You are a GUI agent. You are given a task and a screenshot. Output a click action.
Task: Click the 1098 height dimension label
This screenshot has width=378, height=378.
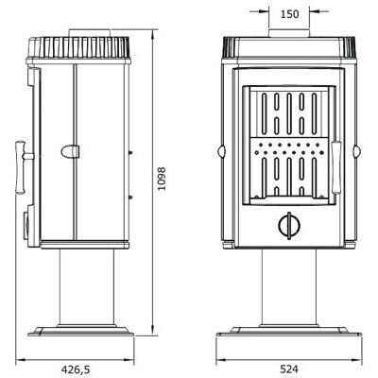[x=162, y=179]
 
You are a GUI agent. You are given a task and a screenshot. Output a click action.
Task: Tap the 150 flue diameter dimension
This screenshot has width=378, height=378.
[x=289, y=14]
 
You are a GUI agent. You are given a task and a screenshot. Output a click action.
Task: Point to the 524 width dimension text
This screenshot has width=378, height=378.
[x=289, y=369]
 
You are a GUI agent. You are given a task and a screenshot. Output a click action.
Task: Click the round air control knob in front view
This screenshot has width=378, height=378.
[x=289, y=226]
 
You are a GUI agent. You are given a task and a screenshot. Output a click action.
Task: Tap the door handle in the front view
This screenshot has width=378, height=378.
[x=336, y=167]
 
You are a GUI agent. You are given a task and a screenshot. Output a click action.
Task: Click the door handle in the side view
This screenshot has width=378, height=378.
[x=22, y=166]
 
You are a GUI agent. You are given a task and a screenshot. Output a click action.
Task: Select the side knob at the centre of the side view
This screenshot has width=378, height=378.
[x=70, y=151]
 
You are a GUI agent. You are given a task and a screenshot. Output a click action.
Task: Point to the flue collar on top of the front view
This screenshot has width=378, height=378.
[x=289, y=33]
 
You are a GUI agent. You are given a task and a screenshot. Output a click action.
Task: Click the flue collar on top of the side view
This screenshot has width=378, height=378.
[x=90, y=33]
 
